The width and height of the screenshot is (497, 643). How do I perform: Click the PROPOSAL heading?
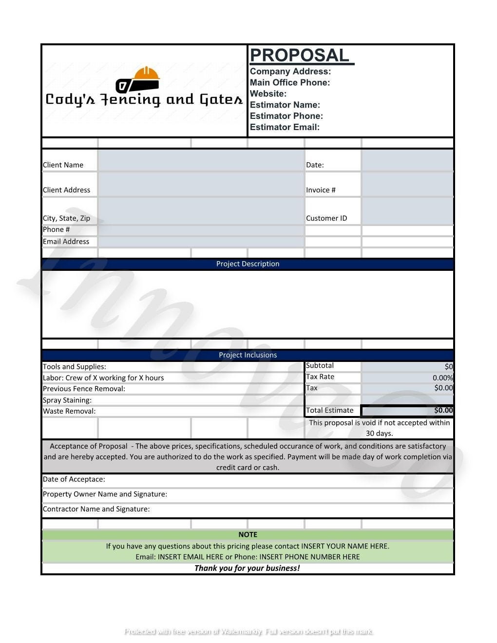tap(299, 56)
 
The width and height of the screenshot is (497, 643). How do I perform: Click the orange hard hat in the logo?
tap(146, 74)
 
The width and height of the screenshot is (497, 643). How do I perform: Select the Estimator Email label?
tap(285, 127)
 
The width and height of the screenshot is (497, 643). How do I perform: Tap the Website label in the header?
tap(268, 94)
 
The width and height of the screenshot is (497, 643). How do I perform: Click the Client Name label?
tap(63, 165)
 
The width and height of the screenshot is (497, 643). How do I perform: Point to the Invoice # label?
tap(321, 190)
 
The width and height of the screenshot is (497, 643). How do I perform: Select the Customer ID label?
tap(326, 218)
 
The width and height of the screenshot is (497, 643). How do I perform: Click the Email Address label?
tap(66, 241)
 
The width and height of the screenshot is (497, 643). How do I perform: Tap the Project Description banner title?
tap(248, 264)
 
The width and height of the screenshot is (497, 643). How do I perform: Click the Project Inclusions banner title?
tap(248, 355)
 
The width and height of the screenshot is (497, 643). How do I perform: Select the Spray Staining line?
tap(67, 400)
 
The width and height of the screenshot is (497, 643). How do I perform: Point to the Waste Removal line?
tap(69, 411)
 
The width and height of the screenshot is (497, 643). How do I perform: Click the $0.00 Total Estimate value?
tap(443, 410)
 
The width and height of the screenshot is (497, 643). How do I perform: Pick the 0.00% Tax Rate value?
tap(442, 378)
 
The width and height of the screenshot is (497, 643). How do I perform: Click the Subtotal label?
tap(320, 365)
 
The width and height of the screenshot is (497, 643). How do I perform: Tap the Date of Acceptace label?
tap(74, 479)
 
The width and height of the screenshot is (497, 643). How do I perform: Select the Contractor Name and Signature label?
tap(96, 509)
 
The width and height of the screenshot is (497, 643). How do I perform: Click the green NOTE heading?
tap(248, 534)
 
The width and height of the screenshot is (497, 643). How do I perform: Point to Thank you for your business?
tap(247, 568)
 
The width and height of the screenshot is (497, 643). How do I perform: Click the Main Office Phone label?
tap(290, 82)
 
